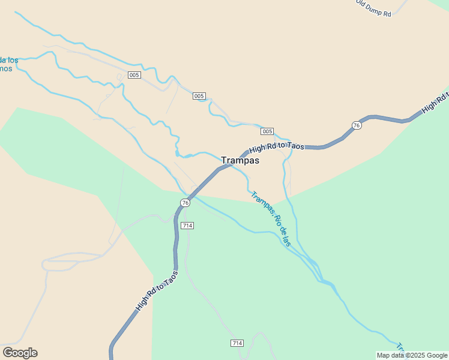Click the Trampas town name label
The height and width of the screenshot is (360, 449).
pos(240,160)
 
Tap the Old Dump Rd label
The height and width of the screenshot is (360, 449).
pos(373,8)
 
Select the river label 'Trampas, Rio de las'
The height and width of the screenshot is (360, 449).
pos(271,218)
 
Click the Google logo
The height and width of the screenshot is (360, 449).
pos(20,353)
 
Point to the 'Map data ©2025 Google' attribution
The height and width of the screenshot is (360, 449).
pos(412,355)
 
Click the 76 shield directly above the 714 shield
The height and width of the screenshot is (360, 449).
pos(185,203)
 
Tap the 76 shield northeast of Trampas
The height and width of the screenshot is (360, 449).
pos(357,125)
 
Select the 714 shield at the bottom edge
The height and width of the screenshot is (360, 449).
pos(237,343)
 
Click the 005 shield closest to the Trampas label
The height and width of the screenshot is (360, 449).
pos(267,131)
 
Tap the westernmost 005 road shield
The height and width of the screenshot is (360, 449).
pos(134,75)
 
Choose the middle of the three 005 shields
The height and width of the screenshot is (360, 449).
pos(199,96)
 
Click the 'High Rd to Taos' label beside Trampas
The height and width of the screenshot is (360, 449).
pos(277,147)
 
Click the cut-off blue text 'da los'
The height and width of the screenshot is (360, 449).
pos(9,60)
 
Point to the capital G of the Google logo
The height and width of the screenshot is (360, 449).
pos(8,353)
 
